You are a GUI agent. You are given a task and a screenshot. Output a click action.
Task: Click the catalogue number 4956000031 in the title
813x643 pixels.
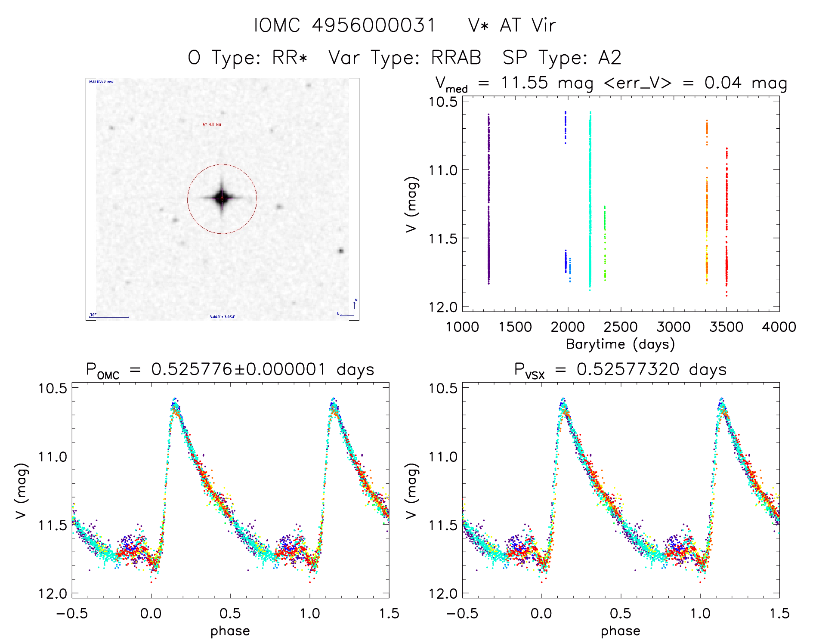tap(374, 25)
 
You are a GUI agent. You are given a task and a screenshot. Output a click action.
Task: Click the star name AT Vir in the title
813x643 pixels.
tap(528, 25)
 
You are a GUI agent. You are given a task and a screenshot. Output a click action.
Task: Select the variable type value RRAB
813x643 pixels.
tap(456, 58)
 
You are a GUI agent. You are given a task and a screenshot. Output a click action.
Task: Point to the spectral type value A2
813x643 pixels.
tap(609, 58)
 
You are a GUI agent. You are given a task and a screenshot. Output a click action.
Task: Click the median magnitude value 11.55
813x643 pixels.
tap(524, 83)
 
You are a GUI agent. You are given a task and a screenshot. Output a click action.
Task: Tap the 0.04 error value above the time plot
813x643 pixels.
tap(723, 83)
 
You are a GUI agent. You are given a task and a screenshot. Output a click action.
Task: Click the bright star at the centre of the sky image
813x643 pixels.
tap(222, 198)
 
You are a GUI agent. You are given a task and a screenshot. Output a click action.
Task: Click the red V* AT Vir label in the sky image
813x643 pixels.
tap(212, 124)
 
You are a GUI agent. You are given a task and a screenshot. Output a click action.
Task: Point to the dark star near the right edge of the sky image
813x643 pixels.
tap(341, 250)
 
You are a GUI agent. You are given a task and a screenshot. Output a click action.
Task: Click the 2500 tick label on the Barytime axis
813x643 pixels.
tap(620, 327)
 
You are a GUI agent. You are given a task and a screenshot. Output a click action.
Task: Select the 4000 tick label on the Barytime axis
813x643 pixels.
tap(779, 327)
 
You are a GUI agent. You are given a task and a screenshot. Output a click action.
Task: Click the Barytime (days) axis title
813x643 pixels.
tap(620, 344)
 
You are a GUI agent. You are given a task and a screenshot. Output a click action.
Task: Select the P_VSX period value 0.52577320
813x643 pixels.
tap(628, 369)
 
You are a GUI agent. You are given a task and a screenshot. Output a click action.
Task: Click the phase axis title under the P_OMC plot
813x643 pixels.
tap(230, 631)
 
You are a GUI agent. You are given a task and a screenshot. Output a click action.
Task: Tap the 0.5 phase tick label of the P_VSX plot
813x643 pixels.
tap(620, 614)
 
